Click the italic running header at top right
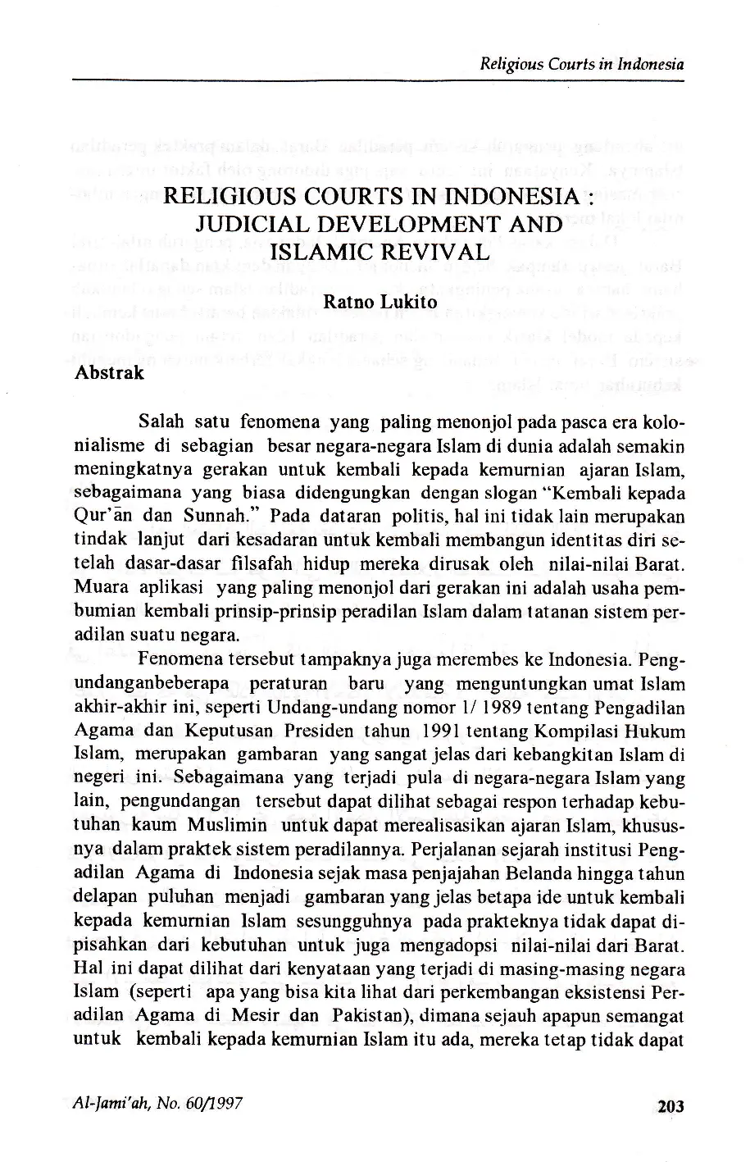tap(582, 64)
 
